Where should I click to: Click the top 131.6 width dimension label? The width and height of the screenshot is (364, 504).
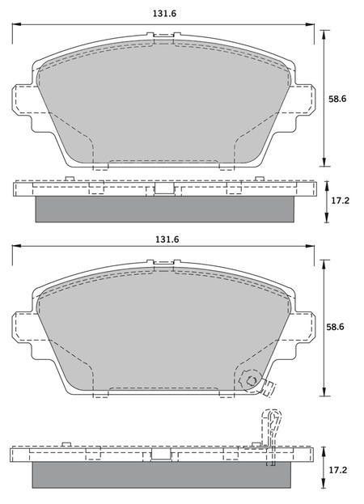[165, 14]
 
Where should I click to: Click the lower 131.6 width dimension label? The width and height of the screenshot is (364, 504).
[167, 239]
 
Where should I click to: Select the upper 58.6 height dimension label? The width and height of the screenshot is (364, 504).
[337, 99]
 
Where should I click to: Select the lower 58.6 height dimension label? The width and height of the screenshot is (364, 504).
[335, 327]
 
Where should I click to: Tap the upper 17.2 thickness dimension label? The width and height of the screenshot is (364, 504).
[341, 201]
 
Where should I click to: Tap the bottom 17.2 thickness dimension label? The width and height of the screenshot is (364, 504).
[338, 470]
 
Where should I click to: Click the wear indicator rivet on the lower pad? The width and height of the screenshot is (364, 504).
[251, 381]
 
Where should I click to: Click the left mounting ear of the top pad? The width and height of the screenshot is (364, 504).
[23, 99]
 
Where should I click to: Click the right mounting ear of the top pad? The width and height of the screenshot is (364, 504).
[304, 99]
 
